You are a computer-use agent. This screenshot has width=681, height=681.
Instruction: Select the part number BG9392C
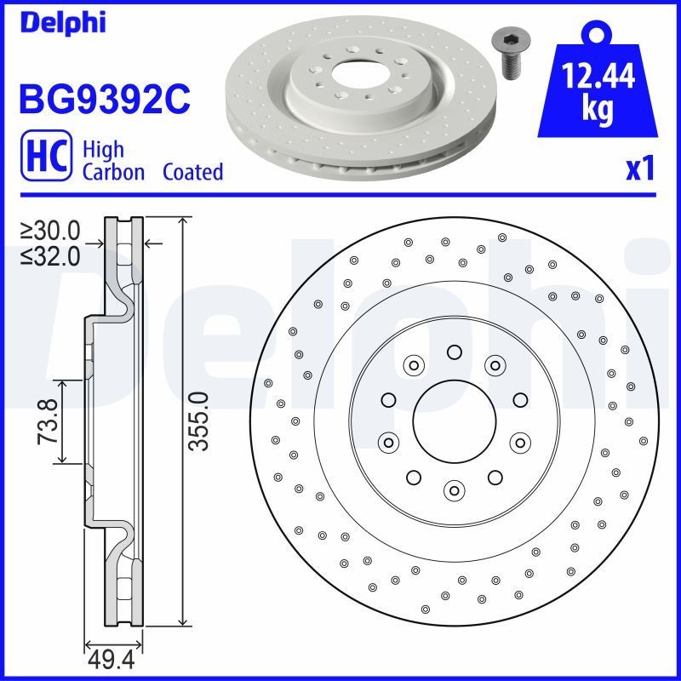103,100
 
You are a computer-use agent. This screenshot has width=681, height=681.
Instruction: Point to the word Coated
192,172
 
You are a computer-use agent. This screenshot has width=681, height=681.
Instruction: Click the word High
103,150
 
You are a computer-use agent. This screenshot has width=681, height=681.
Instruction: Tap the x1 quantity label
639,169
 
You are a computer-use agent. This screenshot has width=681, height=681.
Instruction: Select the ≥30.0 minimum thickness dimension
50,230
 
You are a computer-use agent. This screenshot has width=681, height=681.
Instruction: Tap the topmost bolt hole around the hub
453,352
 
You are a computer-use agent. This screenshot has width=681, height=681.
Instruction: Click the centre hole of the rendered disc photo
350,73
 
